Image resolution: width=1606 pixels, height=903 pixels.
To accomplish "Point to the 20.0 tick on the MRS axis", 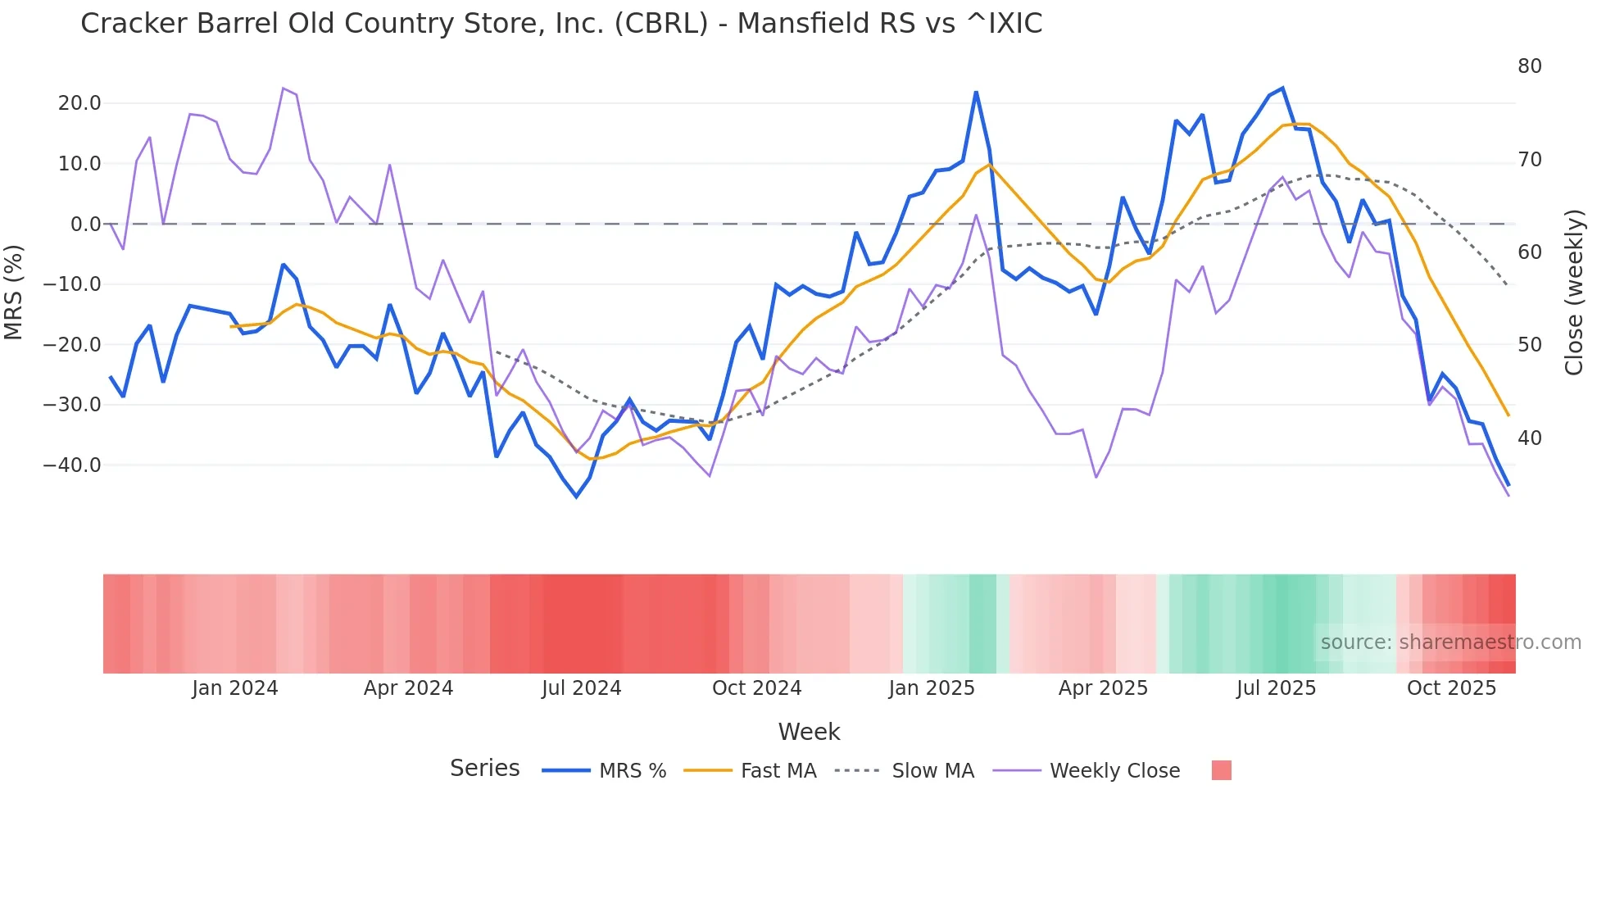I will (x=79, y=103).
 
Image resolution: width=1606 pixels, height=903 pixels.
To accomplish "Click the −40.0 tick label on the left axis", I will (x=72, y=465).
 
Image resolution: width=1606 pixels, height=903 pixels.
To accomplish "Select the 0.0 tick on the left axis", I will (x=85, y=225).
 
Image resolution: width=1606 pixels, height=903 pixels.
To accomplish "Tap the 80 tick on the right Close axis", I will (x=1529, y=66).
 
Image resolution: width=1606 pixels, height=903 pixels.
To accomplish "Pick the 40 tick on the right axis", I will (x=1529, y=438).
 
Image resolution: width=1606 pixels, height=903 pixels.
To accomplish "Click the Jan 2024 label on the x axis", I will (x=235, y=688).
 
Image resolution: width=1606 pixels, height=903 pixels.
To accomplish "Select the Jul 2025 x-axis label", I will (x=1276, y=688).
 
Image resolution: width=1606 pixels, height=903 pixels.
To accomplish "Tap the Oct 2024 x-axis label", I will (x=756, y=688).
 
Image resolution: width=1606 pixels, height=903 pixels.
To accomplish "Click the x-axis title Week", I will (x=809, y=732).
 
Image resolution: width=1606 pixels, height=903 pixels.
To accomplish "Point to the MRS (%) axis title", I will (x=14, y=293).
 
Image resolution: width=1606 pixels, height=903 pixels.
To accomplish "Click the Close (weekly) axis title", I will (x=1573, y=293).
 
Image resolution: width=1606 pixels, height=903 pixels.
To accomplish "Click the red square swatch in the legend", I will (x=1221, y=770).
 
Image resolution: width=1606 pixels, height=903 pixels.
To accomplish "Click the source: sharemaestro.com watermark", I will (x=1450, y=642).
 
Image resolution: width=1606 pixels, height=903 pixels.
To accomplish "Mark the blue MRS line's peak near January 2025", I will (x=976, y=93).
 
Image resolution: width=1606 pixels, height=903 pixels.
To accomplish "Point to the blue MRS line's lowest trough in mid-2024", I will (x=576, y=497).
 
